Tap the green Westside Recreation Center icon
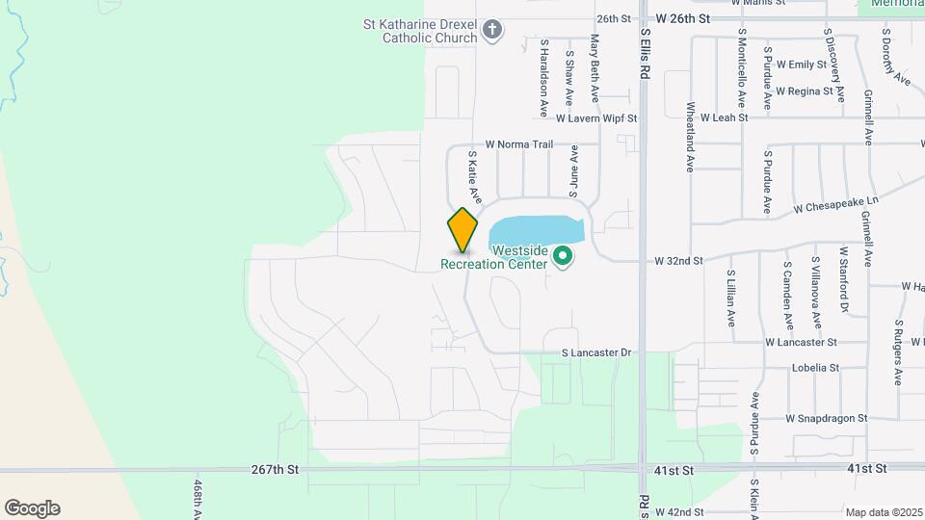pos(562,256)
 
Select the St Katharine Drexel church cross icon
pos(491,30)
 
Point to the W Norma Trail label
pos(519,144)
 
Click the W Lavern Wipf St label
pos(597,118)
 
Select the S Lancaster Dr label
pos(596,353)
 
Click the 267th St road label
pos(276,469)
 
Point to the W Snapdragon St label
pos(827,419)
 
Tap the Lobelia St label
pos(816,368)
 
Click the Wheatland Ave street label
pos(690,137)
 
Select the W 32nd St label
pos(679,261)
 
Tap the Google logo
pos(32,508)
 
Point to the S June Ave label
pos(574,167)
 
